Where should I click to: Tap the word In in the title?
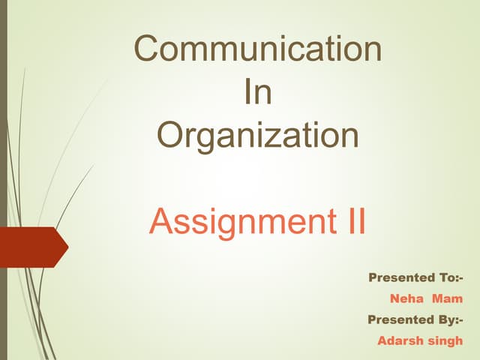tap(258, 94)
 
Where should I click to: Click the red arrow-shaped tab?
tap(33, 247)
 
